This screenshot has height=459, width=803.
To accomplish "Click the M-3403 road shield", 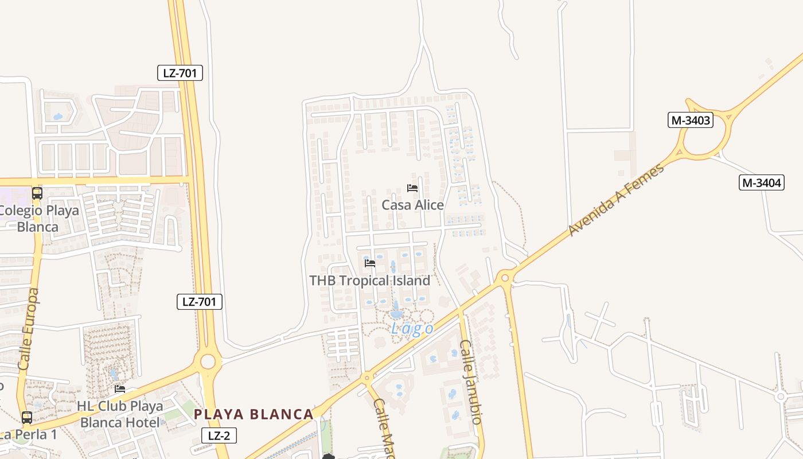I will coord(691,120).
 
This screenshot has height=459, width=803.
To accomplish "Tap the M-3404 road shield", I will coord(762,183).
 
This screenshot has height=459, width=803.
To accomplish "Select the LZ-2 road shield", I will coord(219,435).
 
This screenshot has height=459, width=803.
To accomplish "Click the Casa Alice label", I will coord(412,205).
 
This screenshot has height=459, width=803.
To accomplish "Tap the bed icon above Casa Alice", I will coord(412,188).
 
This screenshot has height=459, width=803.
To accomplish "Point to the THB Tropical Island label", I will coord(369,281).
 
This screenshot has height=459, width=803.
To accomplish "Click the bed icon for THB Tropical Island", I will coord(370,263).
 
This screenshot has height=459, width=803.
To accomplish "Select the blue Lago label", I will coord(412,329).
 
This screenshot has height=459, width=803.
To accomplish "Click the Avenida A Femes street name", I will coord(616,200).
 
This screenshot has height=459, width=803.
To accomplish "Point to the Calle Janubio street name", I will coord(469,382).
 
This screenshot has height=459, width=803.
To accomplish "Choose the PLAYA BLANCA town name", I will coord(254,414).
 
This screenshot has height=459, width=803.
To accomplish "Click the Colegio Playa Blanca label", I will coord(38,219).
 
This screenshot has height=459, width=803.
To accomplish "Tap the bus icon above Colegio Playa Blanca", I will coord(37,193).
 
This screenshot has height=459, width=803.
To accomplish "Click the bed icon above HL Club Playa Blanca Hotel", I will coord(120,389).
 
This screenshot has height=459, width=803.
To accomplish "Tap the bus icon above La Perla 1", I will coord(27,417).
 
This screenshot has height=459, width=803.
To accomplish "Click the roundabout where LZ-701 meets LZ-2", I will coord(208,361).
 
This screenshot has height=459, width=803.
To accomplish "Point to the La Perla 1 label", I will coord(29,434).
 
